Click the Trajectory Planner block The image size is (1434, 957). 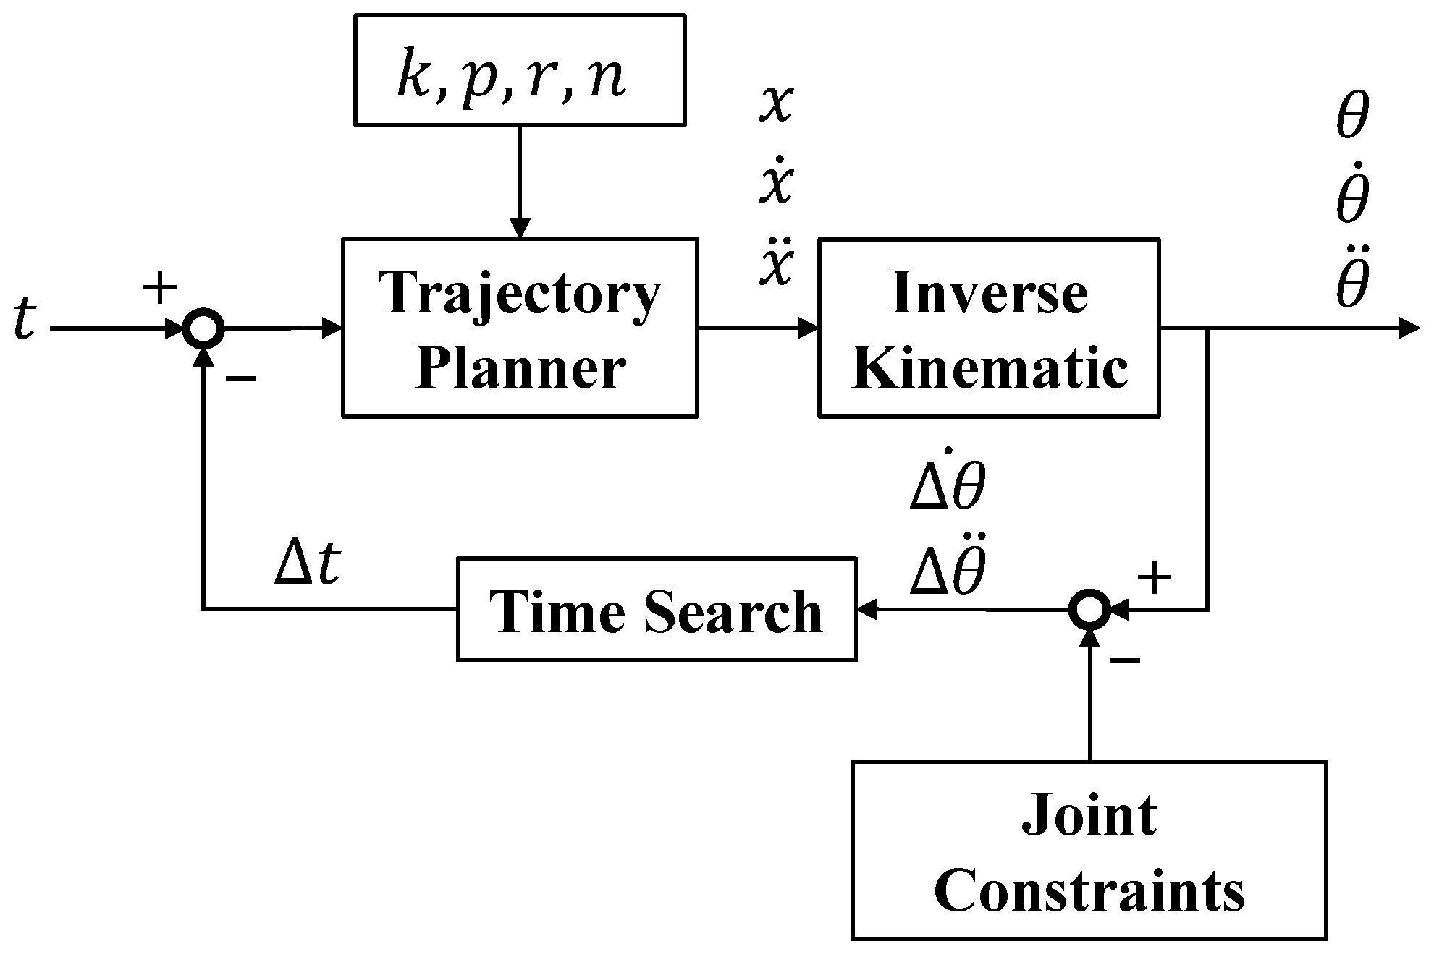coord(519,328)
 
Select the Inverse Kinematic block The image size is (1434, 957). coord(989,328)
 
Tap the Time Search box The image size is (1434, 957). coord(656,609)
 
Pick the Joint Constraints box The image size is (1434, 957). coord(1089,849)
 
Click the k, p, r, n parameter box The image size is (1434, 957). coord(519,70)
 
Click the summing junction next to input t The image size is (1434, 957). coord(203,329)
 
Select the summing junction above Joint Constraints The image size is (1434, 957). coord(1089,610)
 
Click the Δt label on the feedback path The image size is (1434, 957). coord(307,564)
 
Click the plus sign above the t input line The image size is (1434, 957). coord(160,288)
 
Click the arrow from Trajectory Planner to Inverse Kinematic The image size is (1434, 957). coord(757,328)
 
